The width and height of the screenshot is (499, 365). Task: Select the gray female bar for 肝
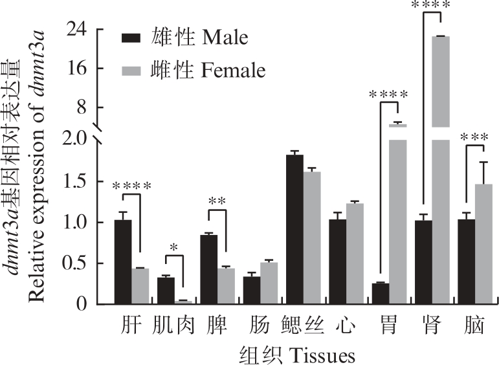coord(140,286)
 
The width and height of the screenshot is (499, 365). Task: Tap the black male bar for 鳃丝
coord(294,230)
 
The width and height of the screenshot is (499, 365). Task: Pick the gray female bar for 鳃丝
coord(312,238)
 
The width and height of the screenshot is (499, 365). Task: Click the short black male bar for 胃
coord(380,294)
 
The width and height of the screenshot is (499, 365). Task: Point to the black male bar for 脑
coord(466,262)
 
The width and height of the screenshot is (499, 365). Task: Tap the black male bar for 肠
coord(252,291)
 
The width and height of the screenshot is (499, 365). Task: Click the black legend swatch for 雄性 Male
coord(131,38)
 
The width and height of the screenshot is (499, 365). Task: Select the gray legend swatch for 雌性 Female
coord(131,70)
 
